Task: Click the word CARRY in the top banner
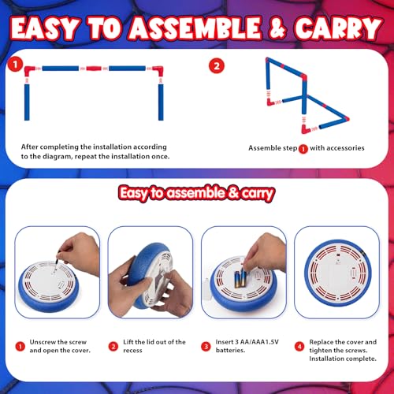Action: click(x=338, y=28)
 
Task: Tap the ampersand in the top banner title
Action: click(x=277, y=28)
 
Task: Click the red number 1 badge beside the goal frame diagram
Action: click(x=15, y=65)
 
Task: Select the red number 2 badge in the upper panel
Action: click(x=217, y=65)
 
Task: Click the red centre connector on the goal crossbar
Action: click(x=94, y=69)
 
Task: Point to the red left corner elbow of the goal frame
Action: click(x=29, y=71)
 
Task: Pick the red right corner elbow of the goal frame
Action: click(x=158, y=71)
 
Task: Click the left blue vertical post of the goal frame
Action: click(x=27, y=102)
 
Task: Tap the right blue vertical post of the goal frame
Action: click(x=161, y=102)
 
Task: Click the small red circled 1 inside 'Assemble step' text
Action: click(x=303, y=149)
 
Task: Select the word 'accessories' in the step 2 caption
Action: click(x=345, y=148)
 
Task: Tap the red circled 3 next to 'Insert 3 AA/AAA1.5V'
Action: click(x=206, y=347)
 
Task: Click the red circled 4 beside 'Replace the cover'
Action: click(x=299, y=347)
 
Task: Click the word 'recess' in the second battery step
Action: click(x=132, y=351)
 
